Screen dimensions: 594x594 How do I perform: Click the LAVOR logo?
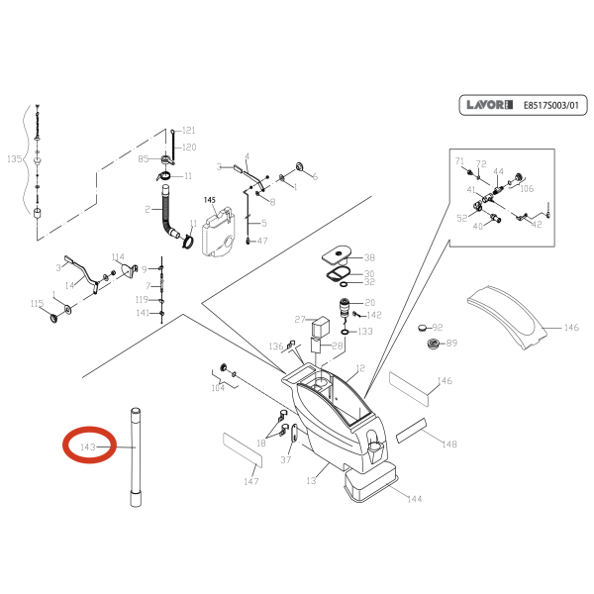[489, 104]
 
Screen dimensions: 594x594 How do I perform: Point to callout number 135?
[14, 159]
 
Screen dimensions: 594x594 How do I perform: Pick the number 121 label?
[188, 131]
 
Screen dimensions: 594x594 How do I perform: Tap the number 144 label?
[414, 500]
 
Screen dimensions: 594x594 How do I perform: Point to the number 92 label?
[438, 327]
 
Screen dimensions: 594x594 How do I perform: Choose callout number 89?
[451, 344]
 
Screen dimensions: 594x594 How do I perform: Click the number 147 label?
[251, 481]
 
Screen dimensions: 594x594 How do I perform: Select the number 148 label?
[449, 444]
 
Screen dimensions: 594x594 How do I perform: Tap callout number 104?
[217, 389]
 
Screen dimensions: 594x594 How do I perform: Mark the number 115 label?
[37, 304]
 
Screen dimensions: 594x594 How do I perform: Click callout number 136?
[276, 346]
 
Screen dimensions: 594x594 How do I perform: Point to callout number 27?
[300, 319]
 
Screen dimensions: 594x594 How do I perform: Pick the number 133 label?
[365, 332]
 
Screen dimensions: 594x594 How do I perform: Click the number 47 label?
[261, 241]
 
